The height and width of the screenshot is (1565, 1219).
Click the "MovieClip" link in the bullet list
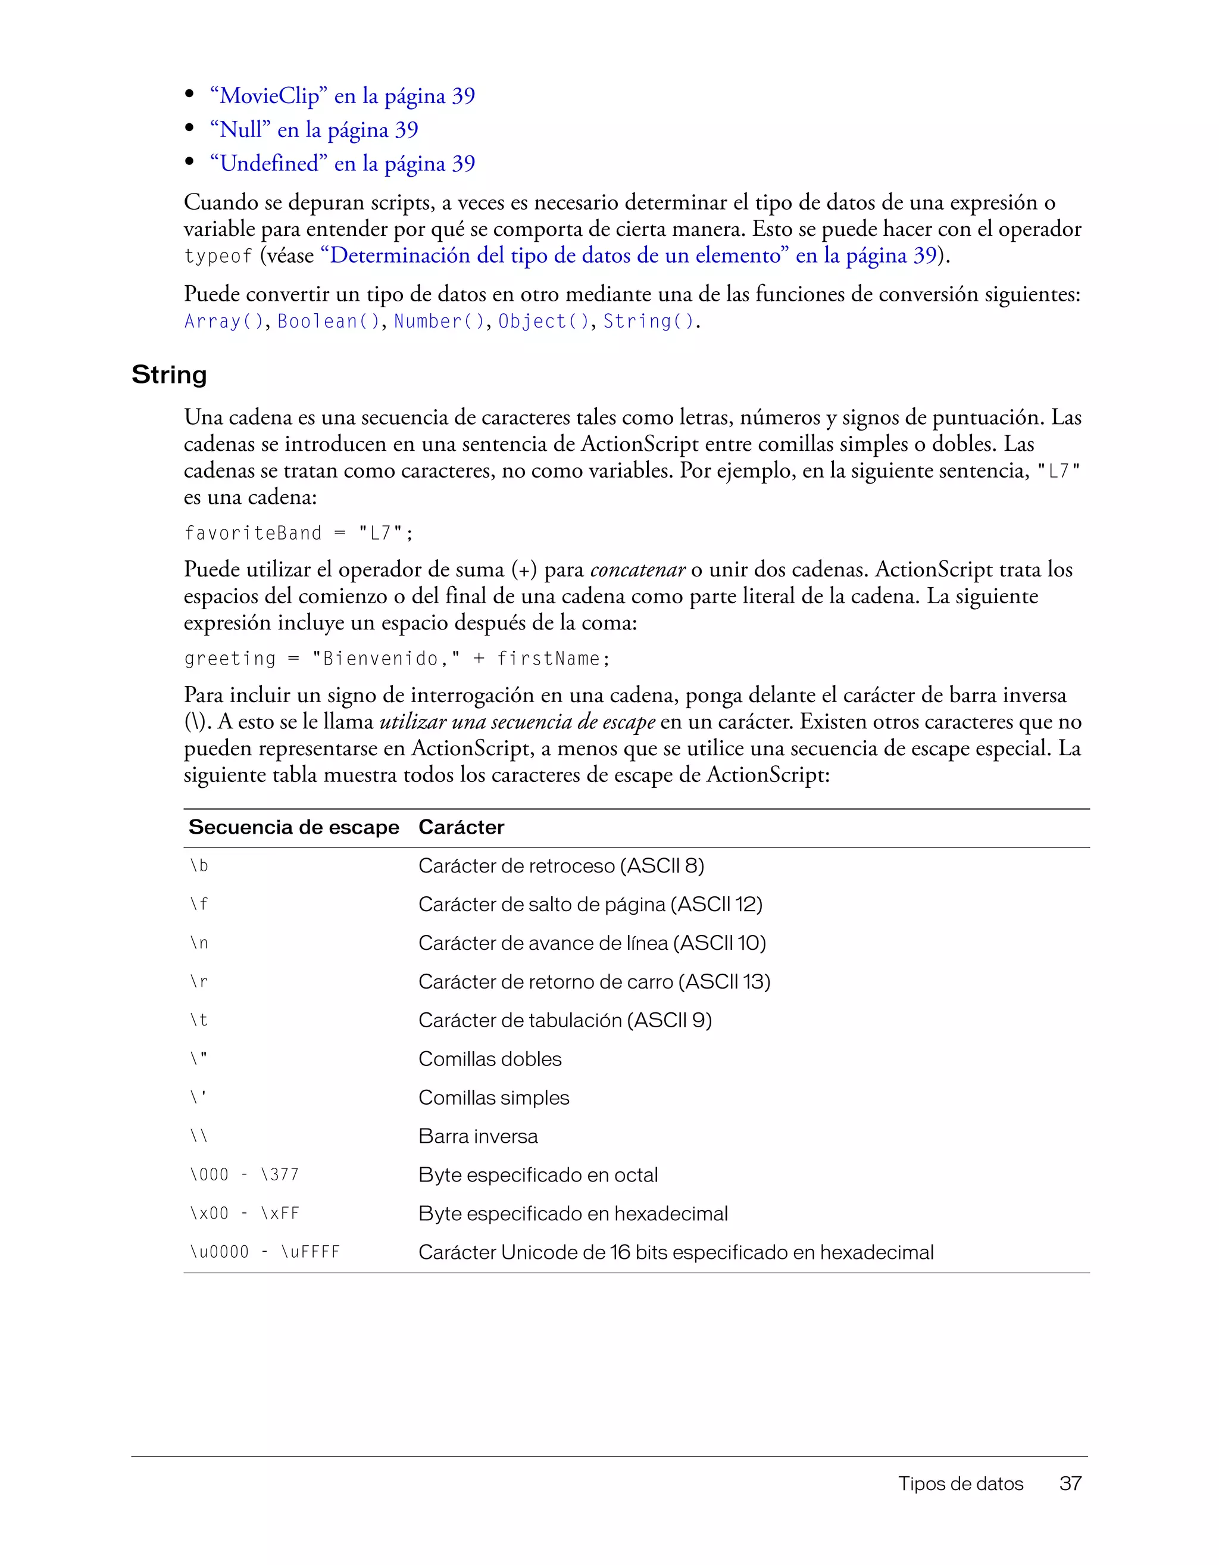click(342, 96)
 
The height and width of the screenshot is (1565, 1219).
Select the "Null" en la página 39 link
click(314, 130)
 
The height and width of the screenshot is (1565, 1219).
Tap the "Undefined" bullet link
click(342, 163)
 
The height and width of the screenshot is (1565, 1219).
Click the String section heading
click(169, 374)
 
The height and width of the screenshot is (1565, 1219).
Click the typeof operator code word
click(218, 257)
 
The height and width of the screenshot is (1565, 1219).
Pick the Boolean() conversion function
click(328, 322)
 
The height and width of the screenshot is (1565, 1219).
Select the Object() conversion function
click(543, 322)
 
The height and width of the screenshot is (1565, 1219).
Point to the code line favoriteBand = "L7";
click(299, 533)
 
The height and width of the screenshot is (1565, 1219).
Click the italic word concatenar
click(637, 570)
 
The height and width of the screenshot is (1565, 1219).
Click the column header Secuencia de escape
click(293, 827)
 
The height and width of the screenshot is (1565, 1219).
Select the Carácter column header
click(461, 827)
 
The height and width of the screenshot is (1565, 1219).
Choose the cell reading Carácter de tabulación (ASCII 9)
click(565, 1020)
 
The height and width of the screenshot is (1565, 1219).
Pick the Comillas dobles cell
click(490, 1058)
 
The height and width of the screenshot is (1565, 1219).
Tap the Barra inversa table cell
click(478, 1136)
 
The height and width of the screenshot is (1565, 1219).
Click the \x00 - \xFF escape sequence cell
click(244, 1213)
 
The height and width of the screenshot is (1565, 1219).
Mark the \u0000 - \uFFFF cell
click(264, 1252)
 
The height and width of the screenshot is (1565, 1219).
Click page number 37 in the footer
click(1070, 1483)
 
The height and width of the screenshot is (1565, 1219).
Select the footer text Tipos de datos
click(961, 1483)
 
